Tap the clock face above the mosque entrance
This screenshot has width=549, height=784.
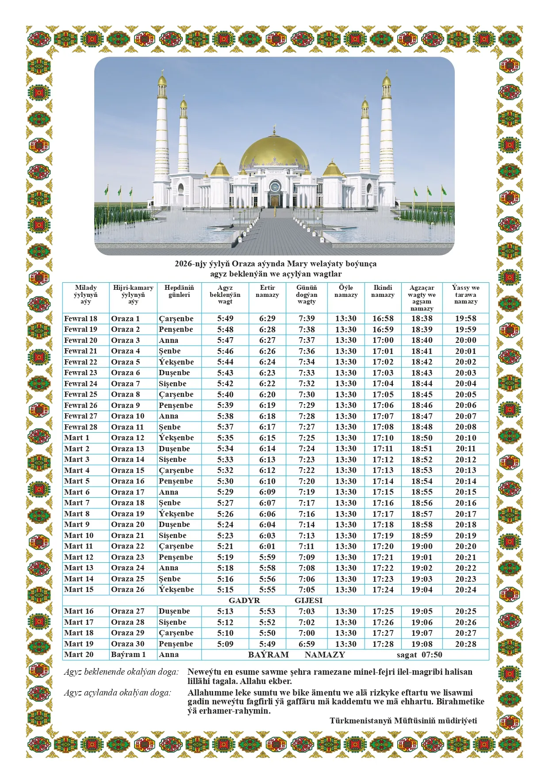(x=275, y=185)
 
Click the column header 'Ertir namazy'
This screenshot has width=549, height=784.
(x=267, y=291)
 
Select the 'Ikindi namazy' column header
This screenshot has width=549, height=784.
(x=383, y=291)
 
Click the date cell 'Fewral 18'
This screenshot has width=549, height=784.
(x=81, y=319)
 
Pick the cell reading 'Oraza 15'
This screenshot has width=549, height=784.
(x=128, y=470)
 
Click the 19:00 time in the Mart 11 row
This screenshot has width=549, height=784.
(x=422, y=546)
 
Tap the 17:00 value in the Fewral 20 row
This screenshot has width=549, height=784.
(x=383, y=340)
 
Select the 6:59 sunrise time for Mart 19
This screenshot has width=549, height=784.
(x=307, y=644)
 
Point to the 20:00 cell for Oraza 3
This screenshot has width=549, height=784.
(x=465, y=340)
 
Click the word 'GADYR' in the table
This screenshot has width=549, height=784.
(x=244, y=600)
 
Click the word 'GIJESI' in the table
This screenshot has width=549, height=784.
(x=308, y=600)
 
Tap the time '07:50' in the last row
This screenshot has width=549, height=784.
(x=432, y=655)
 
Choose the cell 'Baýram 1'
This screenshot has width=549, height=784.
(x=128, y=655)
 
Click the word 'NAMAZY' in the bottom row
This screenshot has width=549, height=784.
(x=325, y=655)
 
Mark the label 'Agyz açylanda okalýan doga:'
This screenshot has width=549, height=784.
(x=117, y=693)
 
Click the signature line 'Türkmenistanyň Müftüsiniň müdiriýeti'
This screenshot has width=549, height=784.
(x=403, y=721)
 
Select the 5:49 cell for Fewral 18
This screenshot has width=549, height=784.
(x=225, y=319)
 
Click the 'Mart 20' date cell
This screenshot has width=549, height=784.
(x=79, y=655)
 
